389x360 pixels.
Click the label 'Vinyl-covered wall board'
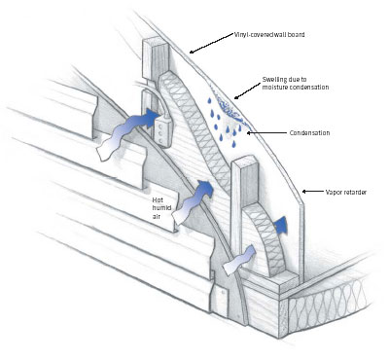pos(269,34)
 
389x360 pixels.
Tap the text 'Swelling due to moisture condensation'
pos(296,84)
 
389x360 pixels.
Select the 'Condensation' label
pos(309,133)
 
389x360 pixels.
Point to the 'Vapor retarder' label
pos(346,192)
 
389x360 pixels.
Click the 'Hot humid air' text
pos(161,208)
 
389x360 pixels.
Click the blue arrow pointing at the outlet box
pos(129,133)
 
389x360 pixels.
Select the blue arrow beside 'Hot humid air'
pos(192,202)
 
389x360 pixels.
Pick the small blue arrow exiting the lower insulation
pos(280,225)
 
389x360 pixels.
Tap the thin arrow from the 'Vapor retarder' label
pos(312,192)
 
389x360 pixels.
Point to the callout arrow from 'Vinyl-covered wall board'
pos(212,43)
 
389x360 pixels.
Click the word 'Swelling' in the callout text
pos(273,80)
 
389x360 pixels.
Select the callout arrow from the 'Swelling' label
pos(247,90)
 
